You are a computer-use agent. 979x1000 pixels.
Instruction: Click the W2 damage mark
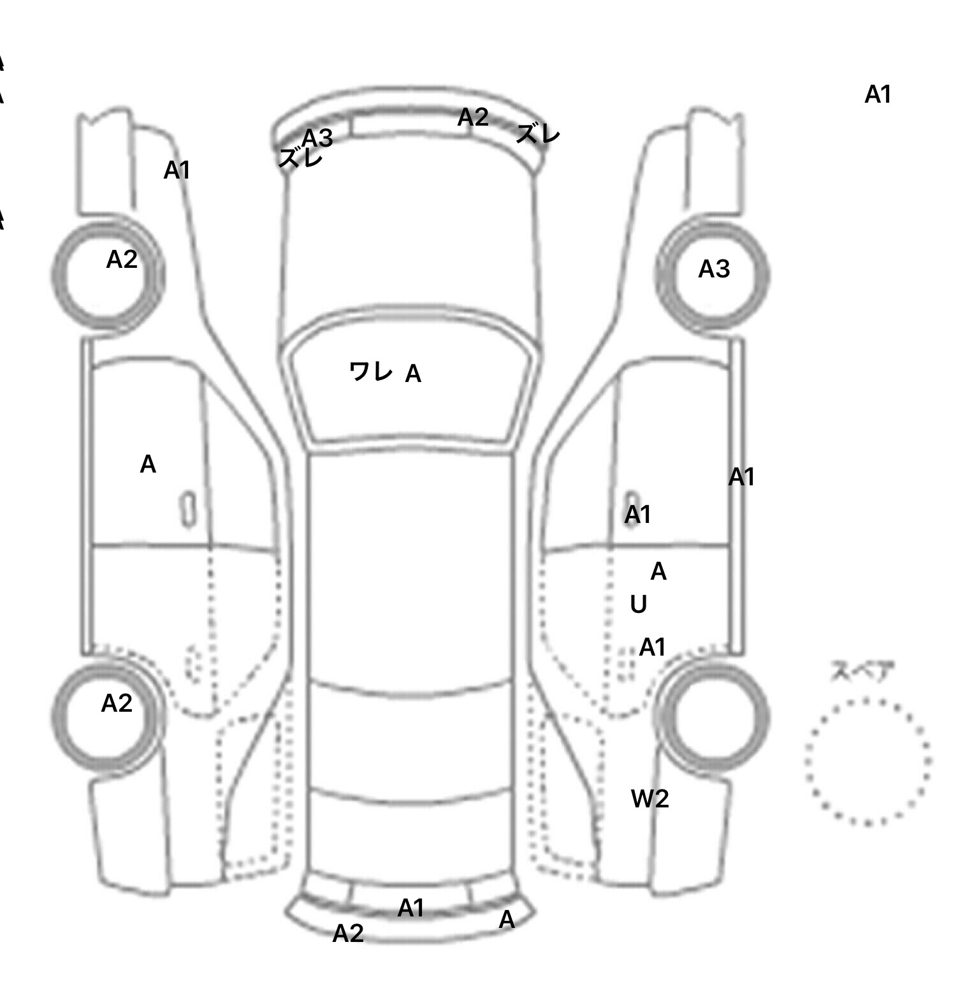649,798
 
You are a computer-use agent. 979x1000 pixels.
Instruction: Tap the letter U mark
638,604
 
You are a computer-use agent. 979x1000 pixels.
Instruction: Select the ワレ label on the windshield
370,371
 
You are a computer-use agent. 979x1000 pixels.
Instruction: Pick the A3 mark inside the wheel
713,269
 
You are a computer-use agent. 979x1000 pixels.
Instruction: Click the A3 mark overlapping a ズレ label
317,137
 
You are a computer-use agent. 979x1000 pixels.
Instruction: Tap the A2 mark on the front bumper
473,117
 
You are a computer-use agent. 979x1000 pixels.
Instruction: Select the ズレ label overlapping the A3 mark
300,158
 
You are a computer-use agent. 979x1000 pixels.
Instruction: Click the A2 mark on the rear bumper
348,933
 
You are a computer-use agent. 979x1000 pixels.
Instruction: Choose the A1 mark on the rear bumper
411,908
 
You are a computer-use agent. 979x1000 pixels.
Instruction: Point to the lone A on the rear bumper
507,920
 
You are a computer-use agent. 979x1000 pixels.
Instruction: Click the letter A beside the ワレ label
413,374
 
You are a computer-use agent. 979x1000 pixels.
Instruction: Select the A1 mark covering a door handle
637,514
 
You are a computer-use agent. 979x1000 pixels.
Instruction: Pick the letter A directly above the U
658,572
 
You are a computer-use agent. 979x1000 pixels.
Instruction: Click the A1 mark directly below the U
652,647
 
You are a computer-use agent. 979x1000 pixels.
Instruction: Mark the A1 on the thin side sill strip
741,476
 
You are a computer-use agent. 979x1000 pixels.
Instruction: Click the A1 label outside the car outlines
878,94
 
